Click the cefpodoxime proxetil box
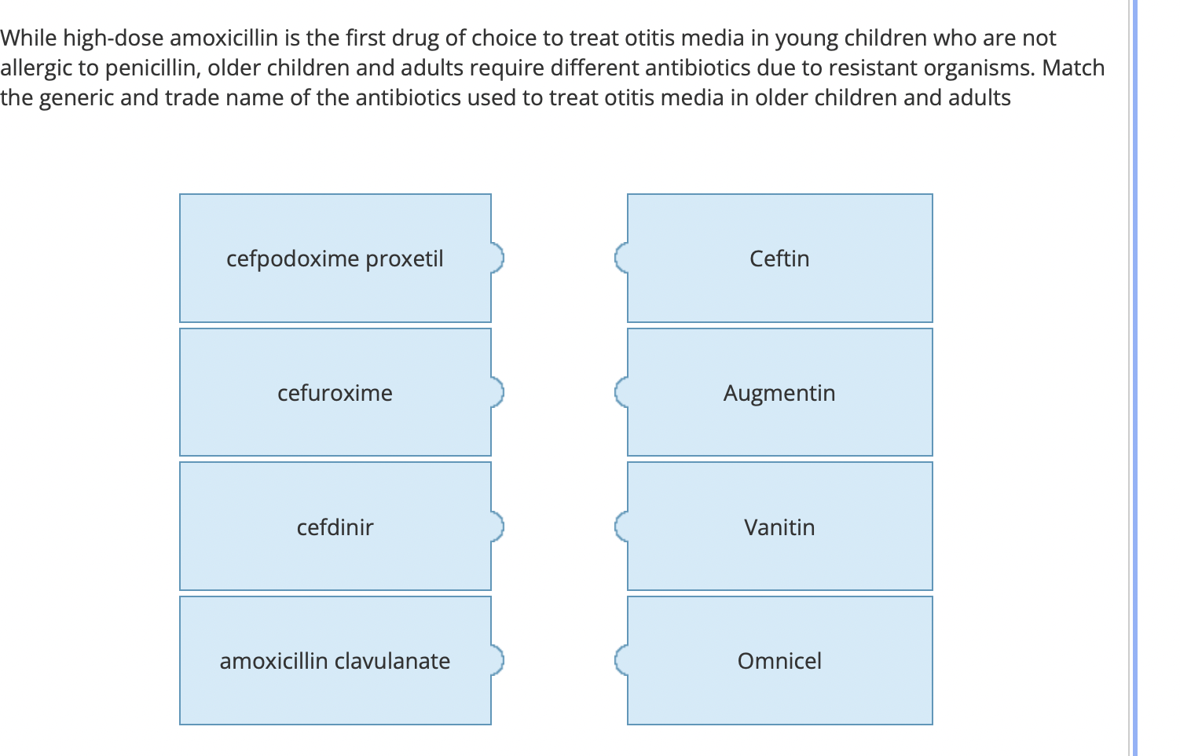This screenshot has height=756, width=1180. tap(335, 259)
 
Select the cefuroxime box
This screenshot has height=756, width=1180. tap(335, 392)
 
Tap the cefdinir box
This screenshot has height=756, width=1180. tap(335, 527)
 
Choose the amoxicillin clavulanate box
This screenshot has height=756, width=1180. tap(335, 661)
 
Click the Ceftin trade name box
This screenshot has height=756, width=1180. tap(779, 259)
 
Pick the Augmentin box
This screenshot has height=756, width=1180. tap(779, 392)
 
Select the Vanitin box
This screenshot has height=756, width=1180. tap(779, 527)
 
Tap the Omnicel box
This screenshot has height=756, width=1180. tap(779, 661)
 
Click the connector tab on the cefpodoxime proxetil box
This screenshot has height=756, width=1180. tap(497, 257)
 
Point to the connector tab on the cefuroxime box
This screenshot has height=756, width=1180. tap(497, 391)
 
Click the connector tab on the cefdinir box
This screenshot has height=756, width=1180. tap(497, 526)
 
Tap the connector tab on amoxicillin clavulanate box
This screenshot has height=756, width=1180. tap(497, 660)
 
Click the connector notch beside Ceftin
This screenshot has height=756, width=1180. tap(621, 257)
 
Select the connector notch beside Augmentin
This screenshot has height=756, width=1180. tap(621, 391)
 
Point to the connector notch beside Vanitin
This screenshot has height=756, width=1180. tap(621, 526)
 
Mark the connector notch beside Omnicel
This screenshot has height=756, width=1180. tap(621, 660)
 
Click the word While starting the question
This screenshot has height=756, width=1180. tap(28, 38)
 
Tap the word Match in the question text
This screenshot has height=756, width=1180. tap(1073, 68)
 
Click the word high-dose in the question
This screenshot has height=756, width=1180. tap(114, 38)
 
